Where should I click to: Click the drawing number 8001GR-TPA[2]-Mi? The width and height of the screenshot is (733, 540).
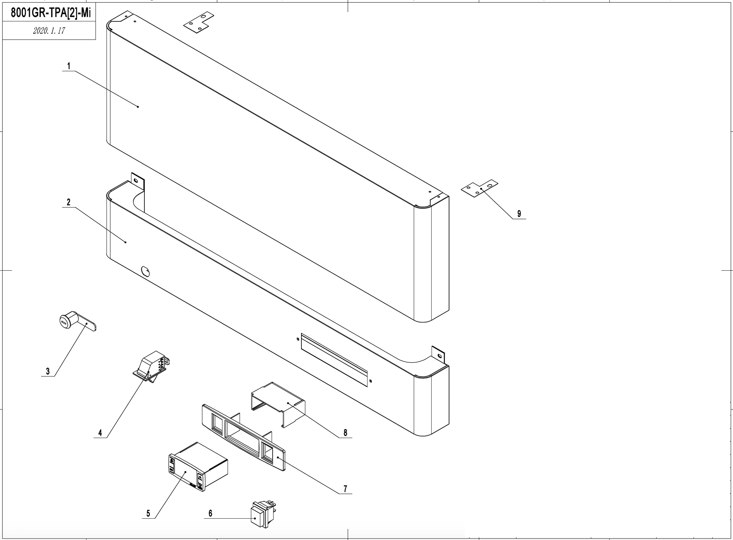pos(51,13)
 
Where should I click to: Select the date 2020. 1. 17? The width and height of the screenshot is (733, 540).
pos(49,31)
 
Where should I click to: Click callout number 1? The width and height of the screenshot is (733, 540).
pos(69,66)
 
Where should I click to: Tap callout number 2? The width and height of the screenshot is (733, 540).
pos(69,202)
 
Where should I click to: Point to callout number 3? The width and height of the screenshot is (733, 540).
pos(48,371)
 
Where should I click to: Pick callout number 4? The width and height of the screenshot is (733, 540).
pos(100,433)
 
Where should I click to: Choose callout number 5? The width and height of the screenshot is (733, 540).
pos(148,513)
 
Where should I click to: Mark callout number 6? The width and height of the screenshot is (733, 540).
pos(210,513)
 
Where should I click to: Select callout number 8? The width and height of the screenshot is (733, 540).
pos(345,433)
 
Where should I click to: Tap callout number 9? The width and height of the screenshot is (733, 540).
pos(519,214)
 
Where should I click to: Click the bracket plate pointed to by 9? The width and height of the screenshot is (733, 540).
pos(480,188)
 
